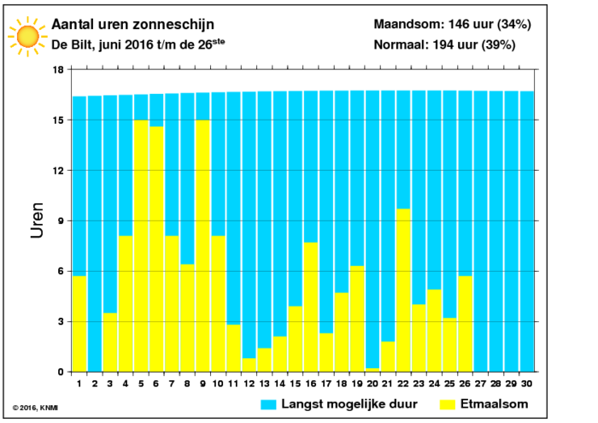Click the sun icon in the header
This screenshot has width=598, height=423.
pyautogui.click(x=27, y=36)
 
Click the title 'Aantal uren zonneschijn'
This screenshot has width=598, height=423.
pyautogui.click(x=132, y=25)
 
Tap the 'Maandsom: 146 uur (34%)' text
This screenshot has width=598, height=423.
pyautogui.click(x=452, y=25)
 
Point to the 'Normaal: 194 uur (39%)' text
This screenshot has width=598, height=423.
pyautogui.click(x=445, y=44)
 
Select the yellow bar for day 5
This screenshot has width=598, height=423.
pyautogui.click(x=141, y=246)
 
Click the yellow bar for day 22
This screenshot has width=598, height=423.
pyautogui.click(x=403, y=291)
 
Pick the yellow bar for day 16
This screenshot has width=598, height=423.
pyautogui.click(x=311, y=307)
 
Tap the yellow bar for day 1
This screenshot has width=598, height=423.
pyautogui.click(x=79, y=324)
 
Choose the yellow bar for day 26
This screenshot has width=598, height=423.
pyautogui.click(x=466, y=324)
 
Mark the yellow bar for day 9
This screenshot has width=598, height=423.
pyautogui.click(x=203, y=246)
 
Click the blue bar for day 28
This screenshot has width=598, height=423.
pyautogui.click(x=496, y=232)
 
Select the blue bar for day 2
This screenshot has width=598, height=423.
pyautogui.click(x=95, y=234)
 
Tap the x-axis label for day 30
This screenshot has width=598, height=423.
pyautogui.click(x=527, y=384)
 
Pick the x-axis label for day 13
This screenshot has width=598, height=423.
pyautogui.click(x=264, y=384)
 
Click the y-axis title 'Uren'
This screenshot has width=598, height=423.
pyautogui.click(x=38, y=220)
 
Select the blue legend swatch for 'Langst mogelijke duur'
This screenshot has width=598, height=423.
pyautogui.click(x=268, y=405)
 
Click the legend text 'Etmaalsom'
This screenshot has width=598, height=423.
pyautogui.click(x=495, y=404)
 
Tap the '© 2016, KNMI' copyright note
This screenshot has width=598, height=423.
pyautogui.click(x=35, y=408)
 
